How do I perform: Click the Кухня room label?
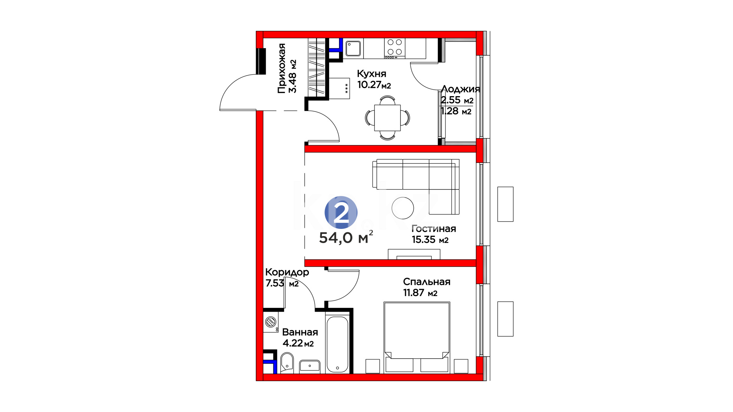coord(371,74)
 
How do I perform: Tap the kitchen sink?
coord(354,48)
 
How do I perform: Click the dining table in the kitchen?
coord(387,117)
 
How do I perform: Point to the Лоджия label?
coord(460,89)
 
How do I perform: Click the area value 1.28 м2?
coord(456,111)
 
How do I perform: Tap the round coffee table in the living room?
coord(403,208)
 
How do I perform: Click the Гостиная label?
coord(434,229)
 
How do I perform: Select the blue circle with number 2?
coord(341,212)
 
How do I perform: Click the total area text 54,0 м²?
coord(346,237)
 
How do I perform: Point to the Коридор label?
coord(287,272)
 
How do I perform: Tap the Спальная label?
coord(427,282)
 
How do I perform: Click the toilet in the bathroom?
coord(287,362)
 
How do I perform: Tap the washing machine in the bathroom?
coord(271,322)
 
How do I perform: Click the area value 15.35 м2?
coord(430,240)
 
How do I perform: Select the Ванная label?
coord(300,332)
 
